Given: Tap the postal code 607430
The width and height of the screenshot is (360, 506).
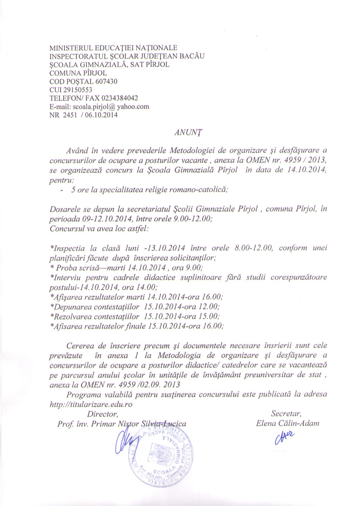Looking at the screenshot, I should (105, 82).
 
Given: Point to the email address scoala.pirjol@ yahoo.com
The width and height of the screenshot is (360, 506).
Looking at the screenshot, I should (111, 106).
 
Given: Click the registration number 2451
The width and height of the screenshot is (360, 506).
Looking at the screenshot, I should (69, 115).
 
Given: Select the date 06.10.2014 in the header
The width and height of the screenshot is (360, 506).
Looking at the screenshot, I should (103, 115).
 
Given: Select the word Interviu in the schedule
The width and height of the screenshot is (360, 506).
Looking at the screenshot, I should (65, 277).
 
